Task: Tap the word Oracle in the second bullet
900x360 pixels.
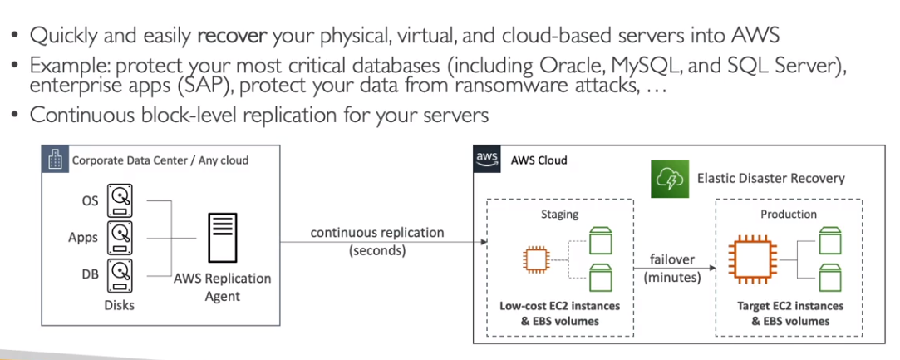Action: (x=607, y=66)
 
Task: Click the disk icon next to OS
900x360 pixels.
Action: (x=121, y=200)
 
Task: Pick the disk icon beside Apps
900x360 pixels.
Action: (x=121, y=236)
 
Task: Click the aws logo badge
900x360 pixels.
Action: (x=487, y=159)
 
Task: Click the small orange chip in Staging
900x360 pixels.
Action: (x=536, y=260)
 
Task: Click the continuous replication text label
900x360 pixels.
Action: (x=377, y=233)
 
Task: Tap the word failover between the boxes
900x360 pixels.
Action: (x=671, y=259)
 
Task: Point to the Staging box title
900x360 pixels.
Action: (x=559, y=215)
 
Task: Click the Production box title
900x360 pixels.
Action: (x=789, y=214)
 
